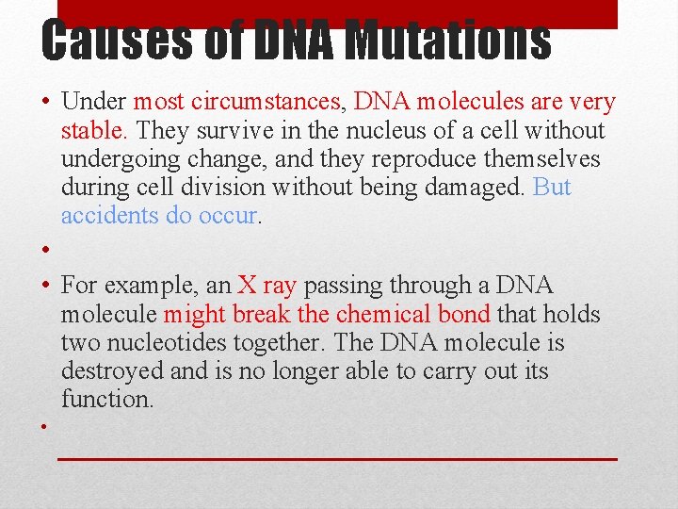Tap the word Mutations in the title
pos(447,41)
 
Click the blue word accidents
pos(109,215)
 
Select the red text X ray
pos(266,285)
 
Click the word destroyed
pos(113,370)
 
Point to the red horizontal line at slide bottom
pos(337,459)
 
